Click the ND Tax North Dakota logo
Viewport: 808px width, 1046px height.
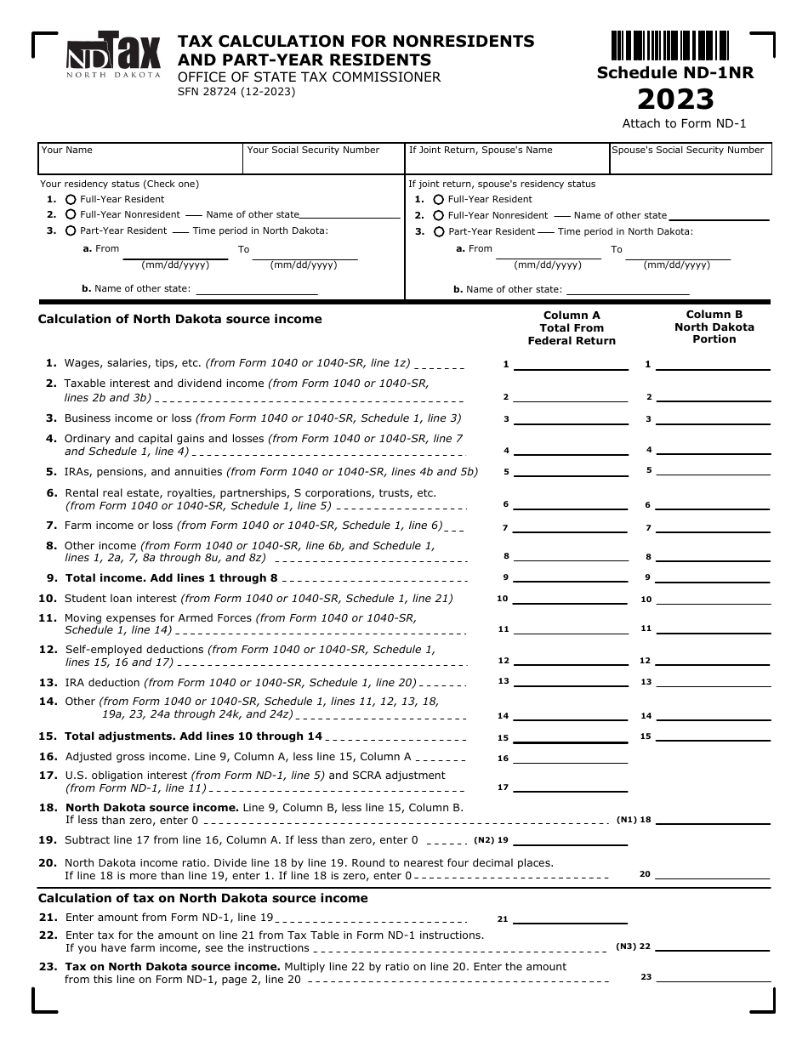(x=113, y=55)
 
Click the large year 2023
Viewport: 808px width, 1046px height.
(x=675, y=99)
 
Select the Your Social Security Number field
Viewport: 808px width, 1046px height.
(x=323, y=159)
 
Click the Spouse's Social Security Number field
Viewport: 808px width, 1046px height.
(x=690, y=159)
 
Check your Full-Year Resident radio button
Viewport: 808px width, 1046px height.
(x=71, y=199)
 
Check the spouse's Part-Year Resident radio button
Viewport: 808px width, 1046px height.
(x=439, y=231)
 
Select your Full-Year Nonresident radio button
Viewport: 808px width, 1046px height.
(x=71, y=215)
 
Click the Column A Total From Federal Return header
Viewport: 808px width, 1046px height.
(x=572, y=327)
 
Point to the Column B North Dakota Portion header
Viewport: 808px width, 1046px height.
(x=714, y=327)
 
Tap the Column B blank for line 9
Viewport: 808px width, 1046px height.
(x=714, y=577)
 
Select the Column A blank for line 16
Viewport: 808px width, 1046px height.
(x=571, y=758)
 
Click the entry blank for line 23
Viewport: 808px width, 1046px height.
(x=714, y=977)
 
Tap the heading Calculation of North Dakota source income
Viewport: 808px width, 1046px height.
(x=179, y=320)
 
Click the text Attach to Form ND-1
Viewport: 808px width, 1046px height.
(x=684, y=123)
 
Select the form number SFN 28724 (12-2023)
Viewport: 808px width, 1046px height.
(x=236, y=92)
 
